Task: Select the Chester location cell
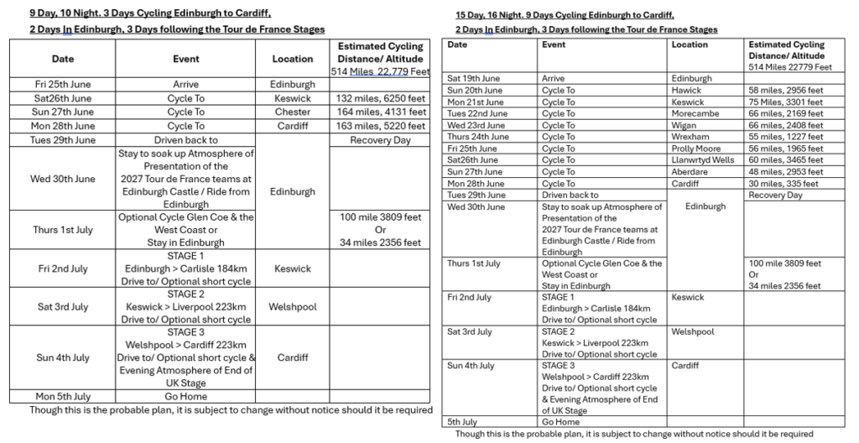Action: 292,112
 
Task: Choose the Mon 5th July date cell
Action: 59,396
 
